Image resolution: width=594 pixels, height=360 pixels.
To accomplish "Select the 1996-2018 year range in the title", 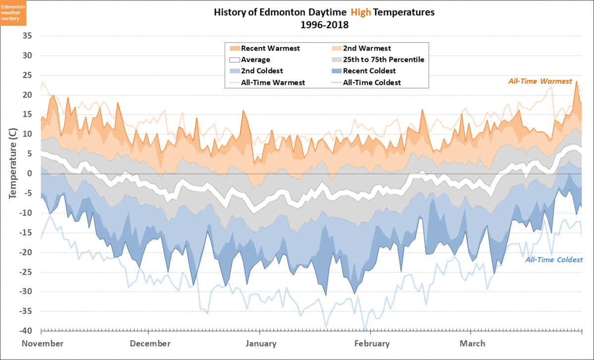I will point(324,24).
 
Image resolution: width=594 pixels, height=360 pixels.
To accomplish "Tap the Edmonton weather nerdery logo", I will point(13,12).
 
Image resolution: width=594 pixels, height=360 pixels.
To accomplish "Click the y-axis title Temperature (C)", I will point(13,164).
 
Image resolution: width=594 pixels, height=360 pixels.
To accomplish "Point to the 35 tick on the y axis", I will point(27,36).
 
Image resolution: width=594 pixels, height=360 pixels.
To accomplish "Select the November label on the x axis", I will point(43,344).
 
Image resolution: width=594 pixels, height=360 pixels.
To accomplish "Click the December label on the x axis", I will point(151,344).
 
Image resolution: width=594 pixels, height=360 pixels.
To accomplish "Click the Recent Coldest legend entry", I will point(369,71).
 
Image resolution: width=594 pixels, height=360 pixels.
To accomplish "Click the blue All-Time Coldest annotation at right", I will point(554,260).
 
